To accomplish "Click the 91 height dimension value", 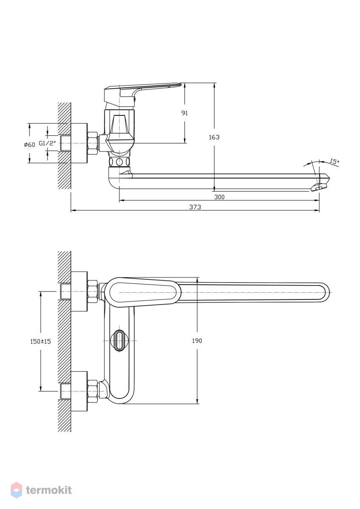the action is [x=184, y=113].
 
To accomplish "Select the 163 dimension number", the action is [x=214, y=137].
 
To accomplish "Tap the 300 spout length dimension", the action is [x=219, y=197].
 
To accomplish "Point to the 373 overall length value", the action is [x=195, y=207].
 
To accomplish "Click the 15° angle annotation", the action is [x=334, y=162].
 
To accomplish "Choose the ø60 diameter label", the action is [x=30, y=145].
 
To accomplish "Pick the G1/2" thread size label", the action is [x=47, y=143].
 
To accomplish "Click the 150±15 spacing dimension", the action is [x=40, y=341].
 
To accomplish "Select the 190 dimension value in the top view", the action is [x=197, y=341].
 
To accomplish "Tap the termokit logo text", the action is [x=49, y=490].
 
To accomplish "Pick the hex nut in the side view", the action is [x=93, y=143].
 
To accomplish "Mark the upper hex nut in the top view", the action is [x=93, y=292].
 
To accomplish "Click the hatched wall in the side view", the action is [x=65, y=145].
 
